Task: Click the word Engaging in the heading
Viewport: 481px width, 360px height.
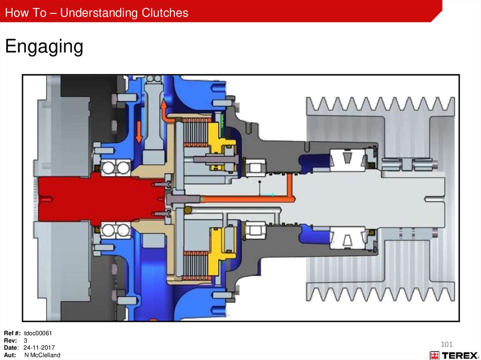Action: point(44,46)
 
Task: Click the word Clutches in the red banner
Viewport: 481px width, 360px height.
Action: point(165,13)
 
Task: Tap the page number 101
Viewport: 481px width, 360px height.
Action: point(447,345)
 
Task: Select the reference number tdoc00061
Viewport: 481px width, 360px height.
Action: point(38,333)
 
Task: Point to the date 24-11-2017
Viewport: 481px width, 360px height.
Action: point(39,348)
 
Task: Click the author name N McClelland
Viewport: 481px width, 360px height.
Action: point(42,355)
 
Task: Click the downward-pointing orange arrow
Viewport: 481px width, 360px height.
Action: point(139,132)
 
